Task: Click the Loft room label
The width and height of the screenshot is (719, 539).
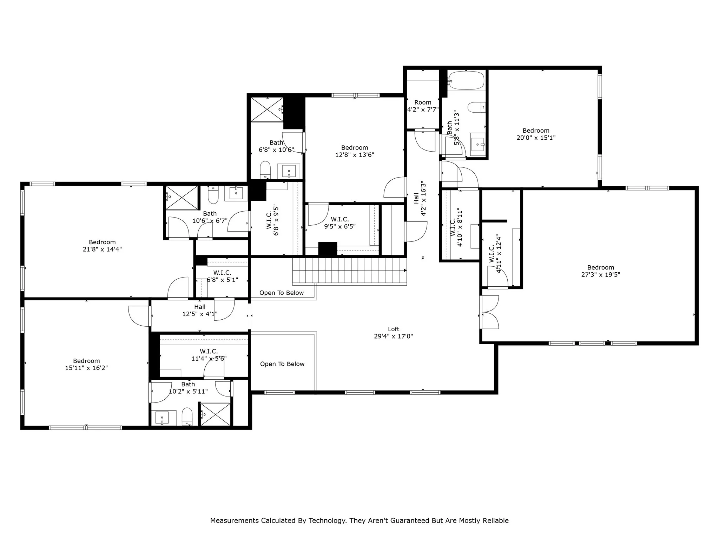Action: point(393,329)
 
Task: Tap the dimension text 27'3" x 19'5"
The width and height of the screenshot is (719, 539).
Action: point(600,275)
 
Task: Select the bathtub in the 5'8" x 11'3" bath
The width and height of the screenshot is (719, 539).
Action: point(466,81)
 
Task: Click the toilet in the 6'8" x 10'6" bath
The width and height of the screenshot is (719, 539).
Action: point(265,170)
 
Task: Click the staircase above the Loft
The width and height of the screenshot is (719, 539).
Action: point(349,270)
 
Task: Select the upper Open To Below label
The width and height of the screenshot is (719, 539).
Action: point(281,293)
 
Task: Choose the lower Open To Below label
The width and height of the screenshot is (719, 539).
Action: point(282,364)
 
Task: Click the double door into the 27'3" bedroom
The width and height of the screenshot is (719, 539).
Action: point(489,312)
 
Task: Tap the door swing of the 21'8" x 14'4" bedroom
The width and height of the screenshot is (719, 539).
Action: point(178,288)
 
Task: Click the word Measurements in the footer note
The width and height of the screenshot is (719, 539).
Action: point(234,521)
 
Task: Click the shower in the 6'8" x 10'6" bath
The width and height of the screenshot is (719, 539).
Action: point(267,109)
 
